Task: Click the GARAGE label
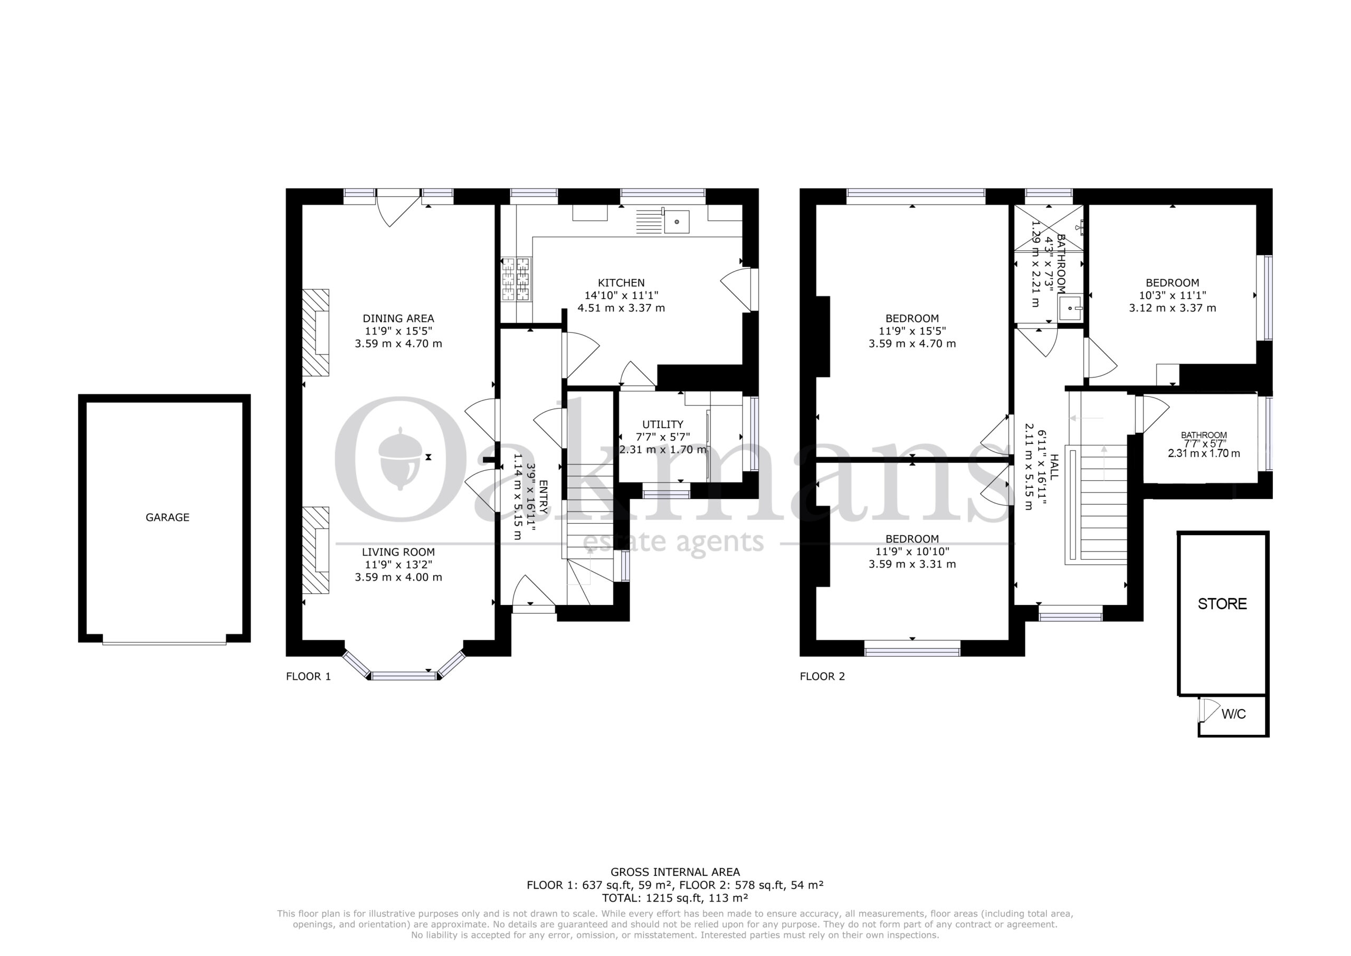[168, 517]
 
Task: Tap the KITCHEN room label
[621, 282]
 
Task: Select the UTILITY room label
[662, 424]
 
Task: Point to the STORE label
[1222, 604]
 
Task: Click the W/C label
[1234, 714]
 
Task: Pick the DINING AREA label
[398, 318]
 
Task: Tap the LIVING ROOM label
[398, 552]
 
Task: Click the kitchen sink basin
[677, 221]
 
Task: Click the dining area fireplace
[316, 332]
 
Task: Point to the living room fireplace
[316, 551]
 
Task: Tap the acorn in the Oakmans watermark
[399, 459]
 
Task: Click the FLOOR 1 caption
[308, 676]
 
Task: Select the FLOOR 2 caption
[822, 676]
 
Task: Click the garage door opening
[164, 643]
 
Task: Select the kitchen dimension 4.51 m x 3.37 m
[621, 308]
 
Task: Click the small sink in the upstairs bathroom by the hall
[1070, 308]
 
